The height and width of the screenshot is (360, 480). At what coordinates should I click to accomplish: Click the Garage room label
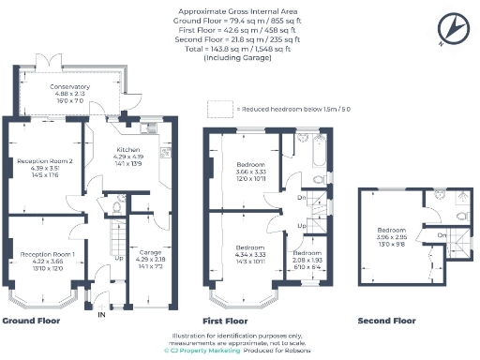click(x=150, y=253)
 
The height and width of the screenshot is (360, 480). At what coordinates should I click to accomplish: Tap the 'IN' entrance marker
click(x=102, y=314)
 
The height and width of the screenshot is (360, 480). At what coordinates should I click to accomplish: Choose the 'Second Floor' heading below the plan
click(x=387, y=321)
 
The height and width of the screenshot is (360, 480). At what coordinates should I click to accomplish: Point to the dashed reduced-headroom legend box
click(x=221, y=109)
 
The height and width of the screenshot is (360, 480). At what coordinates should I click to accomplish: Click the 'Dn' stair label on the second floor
click(x=442, y=234)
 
